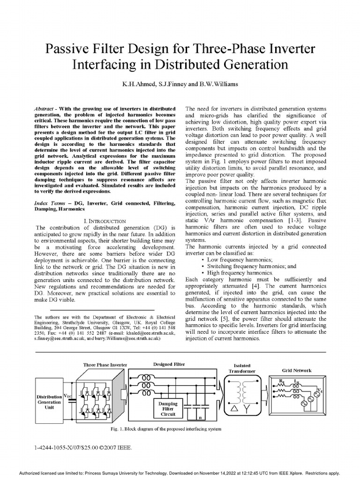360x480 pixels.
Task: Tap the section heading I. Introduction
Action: pyautogui.click(x=104, y=220)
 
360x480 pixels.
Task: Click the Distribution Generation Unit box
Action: pyautogui.click(x=49, y=402)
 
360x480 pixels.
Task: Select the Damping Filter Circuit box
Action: pyautogui.click(x=168, y=408)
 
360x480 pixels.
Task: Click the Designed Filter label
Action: pyautogui.click(x=169, y=364)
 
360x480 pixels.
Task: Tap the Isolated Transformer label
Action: pyautogui.click(x=242, y=368)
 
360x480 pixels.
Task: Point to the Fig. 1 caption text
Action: pyautogui.click(x=164, y=429)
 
